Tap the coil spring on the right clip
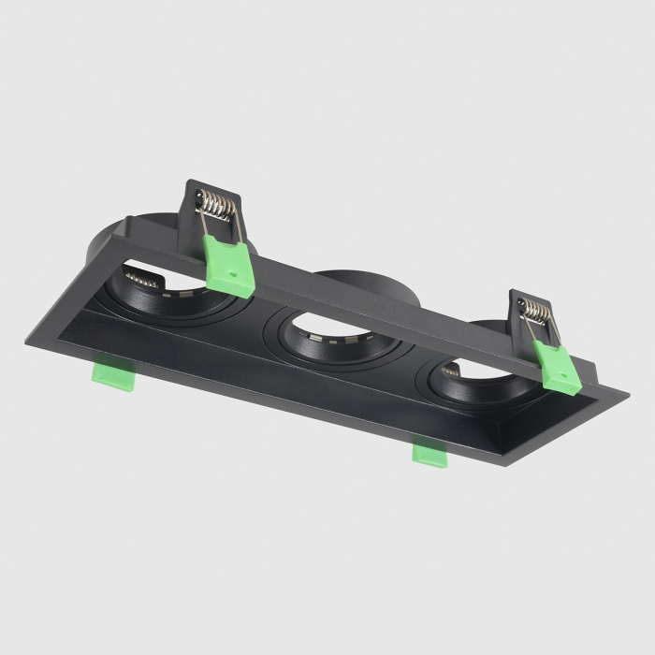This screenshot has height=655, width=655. click(x=536, y=312)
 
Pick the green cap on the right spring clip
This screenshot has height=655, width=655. click(x=559, y=368)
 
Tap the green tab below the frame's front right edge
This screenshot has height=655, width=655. click(x=429, y=454)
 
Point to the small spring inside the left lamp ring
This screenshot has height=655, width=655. click(x=142, y=278)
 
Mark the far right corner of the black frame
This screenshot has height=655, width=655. click(x=625, y=395)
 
